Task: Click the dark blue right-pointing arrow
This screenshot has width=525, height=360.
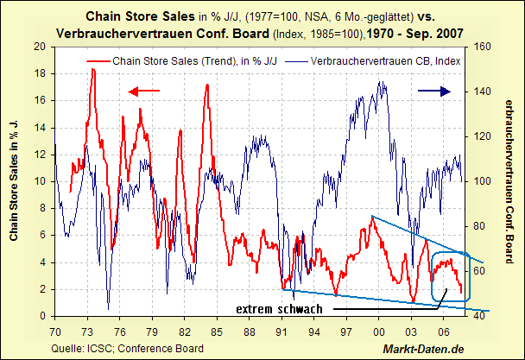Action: click(433, 91)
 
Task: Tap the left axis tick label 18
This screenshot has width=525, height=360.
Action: click(38, 73)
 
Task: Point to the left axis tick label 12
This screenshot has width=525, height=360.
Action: click(38, 155)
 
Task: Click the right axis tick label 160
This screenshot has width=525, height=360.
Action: click(482, 47)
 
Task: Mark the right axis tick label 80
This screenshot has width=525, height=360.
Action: click(479, 226)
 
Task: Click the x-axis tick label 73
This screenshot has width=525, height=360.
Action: click(88, 332)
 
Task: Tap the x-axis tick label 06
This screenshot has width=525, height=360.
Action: click(444, 332)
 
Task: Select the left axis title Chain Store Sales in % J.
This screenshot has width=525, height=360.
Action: click(15, 180)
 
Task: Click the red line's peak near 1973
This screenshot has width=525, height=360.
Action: click(92, 69)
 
